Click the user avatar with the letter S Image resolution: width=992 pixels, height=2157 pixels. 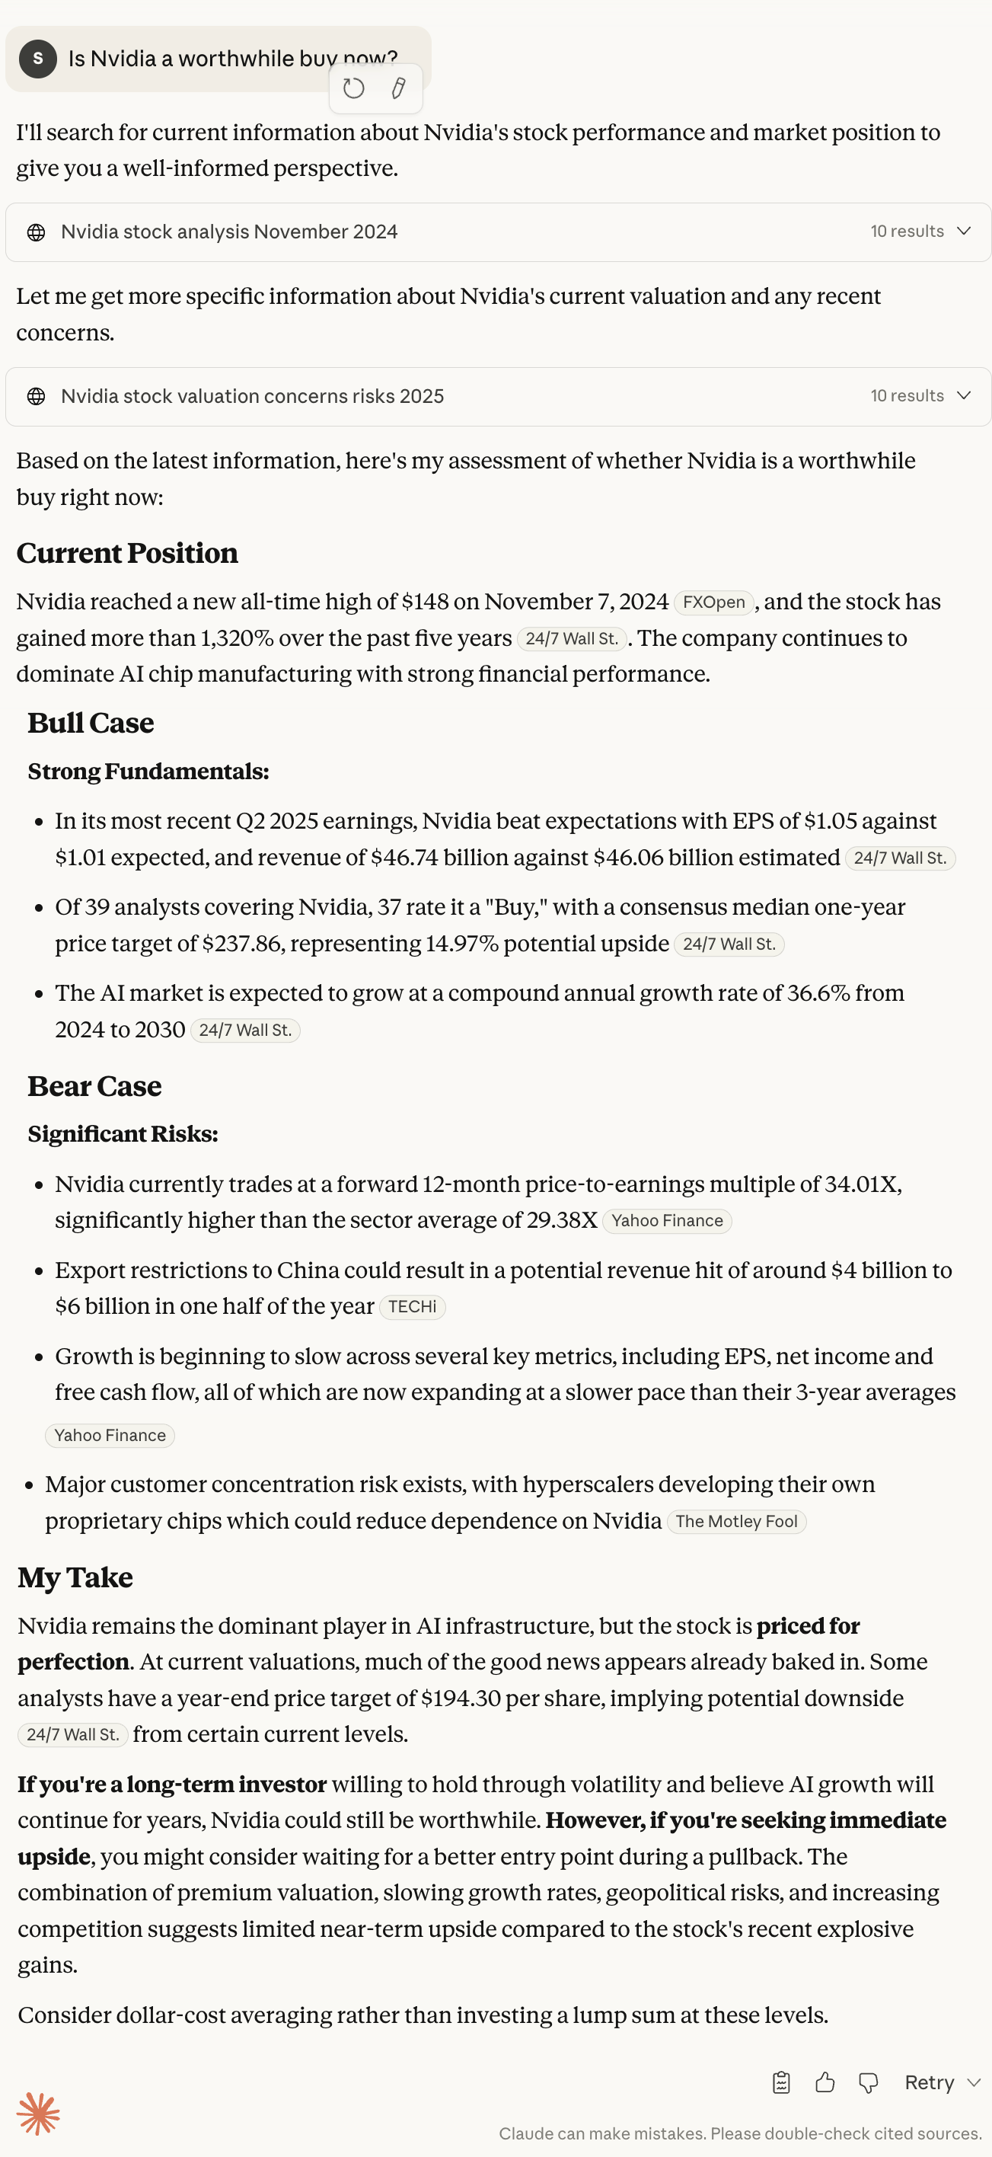click(37, 59)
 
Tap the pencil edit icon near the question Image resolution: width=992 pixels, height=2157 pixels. click(398, 88)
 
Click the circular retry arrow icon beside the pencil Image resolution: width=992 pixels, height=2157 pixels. click(353, 88)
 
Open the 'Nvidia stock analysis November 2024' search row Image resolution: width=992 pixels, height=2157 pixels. click(229, 232)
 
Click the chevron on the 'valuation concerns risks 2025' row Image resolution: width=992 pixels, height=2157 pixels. click(964, 395)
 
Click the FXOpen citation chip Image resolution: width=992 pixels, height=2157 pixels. click(713, 602)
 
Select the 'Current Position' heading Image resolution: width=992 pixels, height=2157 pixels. click(127, 554)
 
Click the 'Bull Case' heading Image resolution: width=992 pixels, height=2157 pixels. click(91, 724)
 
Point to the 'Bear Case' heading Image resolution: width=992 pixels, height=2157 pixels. click(94, 1086)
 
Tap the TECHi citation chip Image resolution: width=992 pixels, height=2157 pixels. click(412, 1306)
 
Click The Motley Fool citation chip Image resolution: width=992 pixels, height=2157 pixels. click(736, 1522)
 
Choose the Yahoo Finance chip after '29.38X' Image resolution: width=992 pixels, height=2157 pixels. click(666, 1221)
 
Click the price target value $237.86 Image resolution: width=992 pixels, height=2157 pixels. click(241, 944)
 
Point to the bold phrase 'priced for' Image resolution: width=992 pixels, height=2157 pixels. click(808, 1626)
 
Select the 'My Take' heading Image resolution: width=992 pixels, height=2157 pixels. click(75, 1577)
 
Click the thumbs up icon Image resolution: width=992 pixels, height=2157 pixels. click(825, 2082)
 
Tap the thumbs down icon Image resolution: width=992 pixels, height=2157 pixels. click(868, 2082)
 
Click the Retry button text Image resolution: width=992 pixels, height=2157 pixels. click(930, 2082)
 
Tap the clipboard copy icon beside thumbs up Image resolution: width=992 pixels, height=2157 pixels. click(781, 2082)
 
